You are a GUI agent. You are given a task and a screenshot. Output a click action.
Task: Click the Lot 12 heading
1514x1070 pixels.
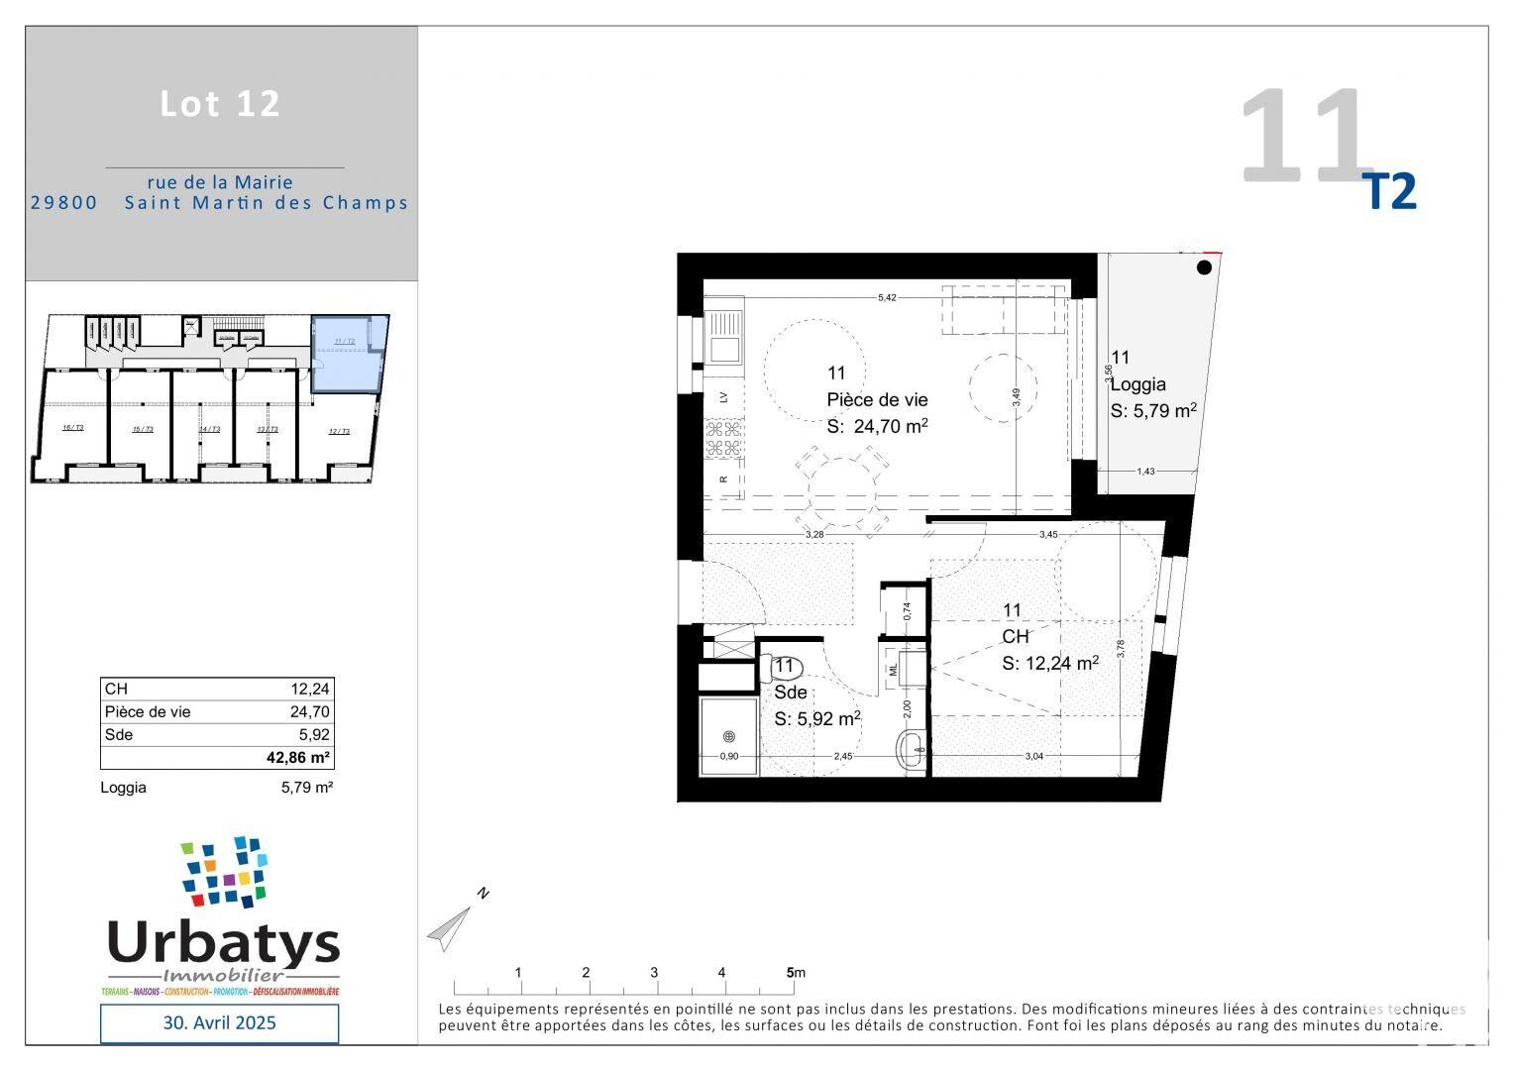pyautogui.click(x=220, y=104)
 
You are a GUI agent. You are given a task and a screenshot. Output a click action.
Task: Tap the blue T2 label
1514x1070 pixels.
pyautogui.click(x=1392, y=192)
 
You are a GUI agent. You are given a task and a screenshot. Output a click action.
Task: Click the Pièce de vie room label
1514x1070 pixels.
pyautogui.click(x=877, y=399)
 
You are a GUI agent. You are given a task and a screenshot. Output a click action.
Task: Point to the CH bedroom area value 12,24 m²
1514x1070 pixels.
pyautogui.click(x=1049, y=663)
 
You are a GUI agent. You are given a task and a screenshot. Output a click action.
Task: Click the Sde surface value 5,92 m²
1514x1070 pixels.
pyautogui.click(x=816, y=718)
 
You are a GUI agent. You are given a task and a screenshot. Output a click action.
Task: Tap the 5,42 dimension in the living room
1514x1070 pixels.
pyautogui.click(x=887, y=297)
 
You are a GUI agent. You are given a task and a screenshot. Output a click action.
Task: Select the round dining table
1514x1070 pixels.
pyautogui.click(x=842, y=491)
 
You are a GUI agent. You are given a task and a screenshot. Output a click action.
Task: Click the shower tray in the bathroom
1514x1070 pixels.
pyautogui.click(x=728, y=737)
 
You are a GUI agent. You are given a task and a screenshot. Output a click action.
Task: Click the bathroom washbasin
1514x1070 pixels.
pyautogui.click(x=912, y=750)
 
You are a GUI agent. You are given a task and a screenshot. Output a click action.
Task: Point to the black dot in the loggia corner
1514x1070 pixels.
pyautogui.click(x=1204, y=267)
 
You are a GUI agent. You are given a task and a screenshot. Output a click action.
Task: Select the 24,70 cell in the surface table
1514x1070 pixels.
pyautogui.click(x=309, y=711)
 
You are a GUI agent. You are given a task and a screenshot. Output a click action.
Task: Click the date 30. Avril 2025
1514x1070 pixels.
pyautogui.click(x=219, y=1022)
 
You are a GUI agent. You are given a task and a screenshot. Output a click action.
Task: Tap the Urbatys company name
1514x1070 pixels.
pyautogui.click(x=223, y=944)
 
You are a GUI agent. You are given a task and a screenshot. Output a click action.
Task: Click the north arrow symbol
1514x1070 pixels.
pyautogui.click(x=451, y=926)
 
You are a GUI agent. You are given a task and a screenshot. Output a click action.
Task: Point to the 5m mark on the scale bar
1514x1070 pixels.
pyautogui.click(x=791, y=973)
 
